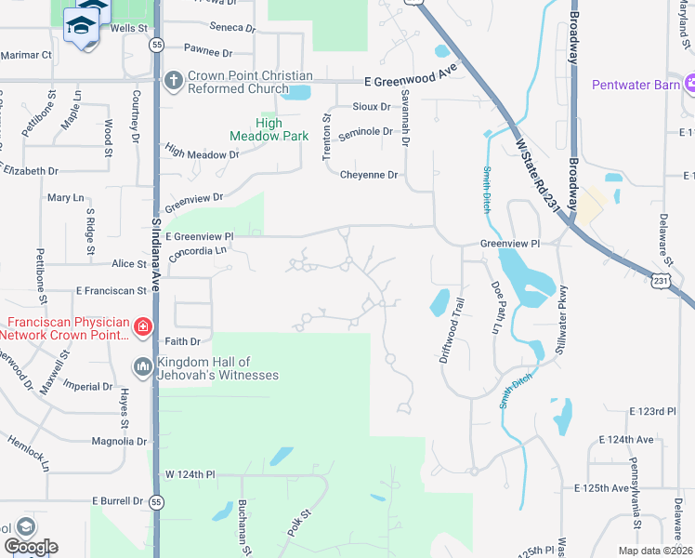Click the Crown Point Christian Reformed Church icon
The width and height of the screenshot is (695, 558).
(173, 81)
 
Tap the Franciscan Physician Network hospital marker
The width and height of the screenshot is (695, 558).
(142, 326)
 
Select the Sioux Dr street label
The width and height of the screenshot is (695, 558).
(371, 107)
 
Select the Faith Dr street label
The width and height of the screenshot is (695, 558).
(182, 341)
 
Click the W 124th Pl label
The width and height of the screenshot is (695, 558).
(190, 474)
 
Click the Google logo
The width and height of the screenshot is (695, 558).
(30, 547)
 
